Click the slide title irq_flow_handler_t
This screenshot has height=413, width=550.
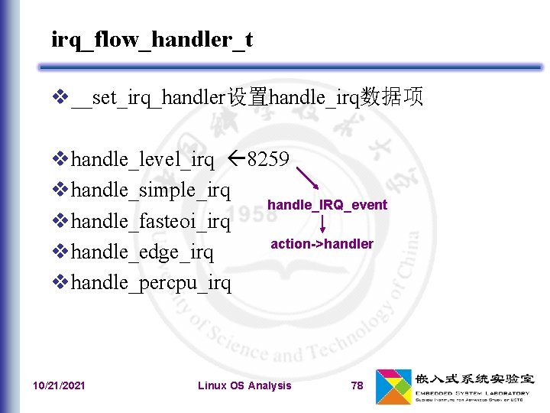[151, 39]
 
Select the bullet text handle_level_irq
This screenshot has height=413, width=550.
[142, 159]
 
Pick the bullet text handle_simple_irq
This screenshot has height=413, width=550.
[150, 190]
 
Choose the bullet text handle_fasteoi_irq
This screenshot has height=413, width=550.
[150, 221]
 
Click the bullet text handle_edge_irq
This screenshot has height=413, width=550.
[142, 252]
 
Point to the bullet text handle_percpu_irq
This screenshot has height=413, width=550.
[150, 282]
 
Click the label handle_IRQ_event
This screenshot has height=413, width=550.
[327, 205]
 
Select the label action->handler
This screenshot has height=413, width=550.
[322, 244]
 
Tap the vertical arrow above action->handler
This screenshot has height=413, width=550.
[322, 224]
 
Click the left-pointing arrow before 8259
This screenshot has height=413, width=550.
[236, 159]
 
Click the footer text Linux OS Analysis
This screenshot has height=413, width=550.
[244, 385]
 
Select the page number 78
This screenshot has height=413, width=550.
[357, 385]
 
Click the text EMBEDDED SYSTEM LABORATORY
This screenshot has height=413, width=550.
[473, 392]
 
